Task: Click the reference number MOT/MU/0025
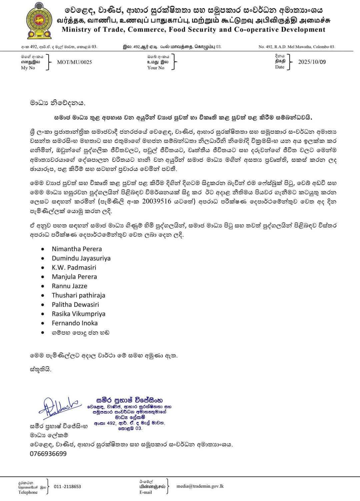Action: (74, 62)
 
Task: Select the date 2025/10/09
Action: (312, 62)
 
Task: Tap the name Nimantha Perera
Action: (77, 249)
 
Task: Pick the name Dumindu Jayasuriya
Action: (81, 258)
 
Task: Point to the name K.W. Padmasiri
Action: (74, 268)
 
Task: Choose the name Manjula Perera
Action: (74, 277)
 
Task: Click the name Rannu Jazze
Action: (69, 286)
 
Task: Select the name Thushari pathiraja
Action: (78, 295)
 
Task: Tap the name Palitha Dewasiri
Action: (75, 305)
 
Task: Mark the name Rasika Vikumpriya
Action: (78, 314)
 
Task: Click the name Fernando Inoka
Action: (75, 323)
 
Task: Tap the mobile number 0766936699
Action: (48, 454)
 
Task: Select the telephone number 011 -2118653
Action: (67, 487)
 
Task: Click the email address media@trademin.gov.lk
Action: (200, 486)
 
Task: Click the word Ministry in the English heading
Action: (76, 29)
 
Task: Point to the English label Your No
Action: (156, 68)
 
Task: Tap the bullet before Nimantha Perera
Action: (43, 249)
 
